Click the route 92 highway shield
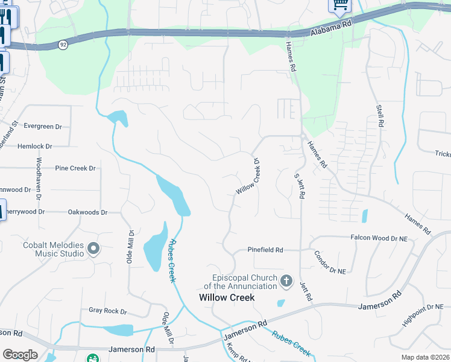[63, 45]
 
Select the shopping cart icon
[339, 5]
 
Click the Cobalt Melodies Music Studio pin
[93, 248]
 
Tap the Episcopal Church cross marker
[286, 281]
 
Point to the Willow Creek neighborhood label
[227, 297]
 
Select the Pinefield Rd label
[265, 250]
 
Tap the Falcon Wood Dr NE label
[379, 239]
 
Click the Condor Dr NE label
[330, 263]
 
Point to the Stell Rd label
[380, 115]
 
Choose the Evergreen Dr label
[43, 127]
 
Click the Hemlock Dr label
[36, 147]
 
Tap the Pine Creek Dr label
[75, 168]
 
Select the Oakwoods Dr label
[87, 212]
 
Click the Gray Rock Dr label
[108, 311]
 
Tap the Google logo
[20, 355]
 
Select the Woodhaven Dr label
[39, 179]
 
